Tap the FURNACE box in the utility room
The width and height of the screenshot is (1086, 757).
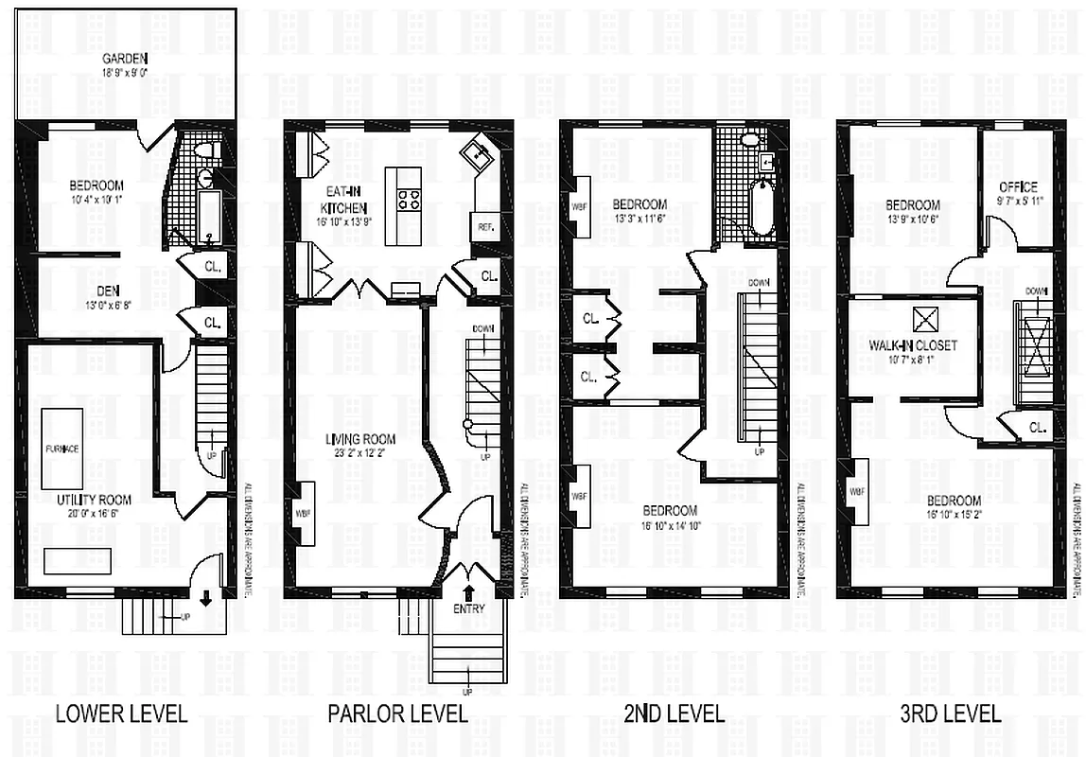click(x=61, y=448)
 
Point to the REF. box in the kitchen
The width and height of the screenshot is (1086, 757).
click(x=483, y=226)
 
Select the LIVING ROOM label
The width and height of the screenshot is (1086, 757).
click(x=360, y=439)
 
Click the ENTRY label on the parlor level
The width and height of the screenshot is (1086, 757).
click(x=469, y=608)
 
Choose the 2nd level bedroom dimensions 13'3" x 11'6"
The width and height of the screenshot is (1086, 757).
click(x=640, y=218)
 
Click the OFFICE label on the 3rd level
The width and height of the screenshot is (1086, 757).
click(x=1018, y=186)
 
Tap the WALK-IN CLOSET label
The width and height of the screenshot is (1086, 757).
click(x=913, y=345)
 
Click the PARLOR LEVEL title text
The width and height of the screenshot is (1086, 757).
click(x=397, y=713)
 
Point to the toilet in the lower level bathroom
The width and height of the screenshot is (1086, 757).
click(x=210, y=150)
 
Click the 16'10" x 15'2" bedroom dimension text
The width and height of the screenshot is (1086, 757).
click(x=953, y=514)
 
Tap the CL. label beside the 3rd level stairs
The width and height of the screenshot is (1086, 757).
click(x=1038, y=428)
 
